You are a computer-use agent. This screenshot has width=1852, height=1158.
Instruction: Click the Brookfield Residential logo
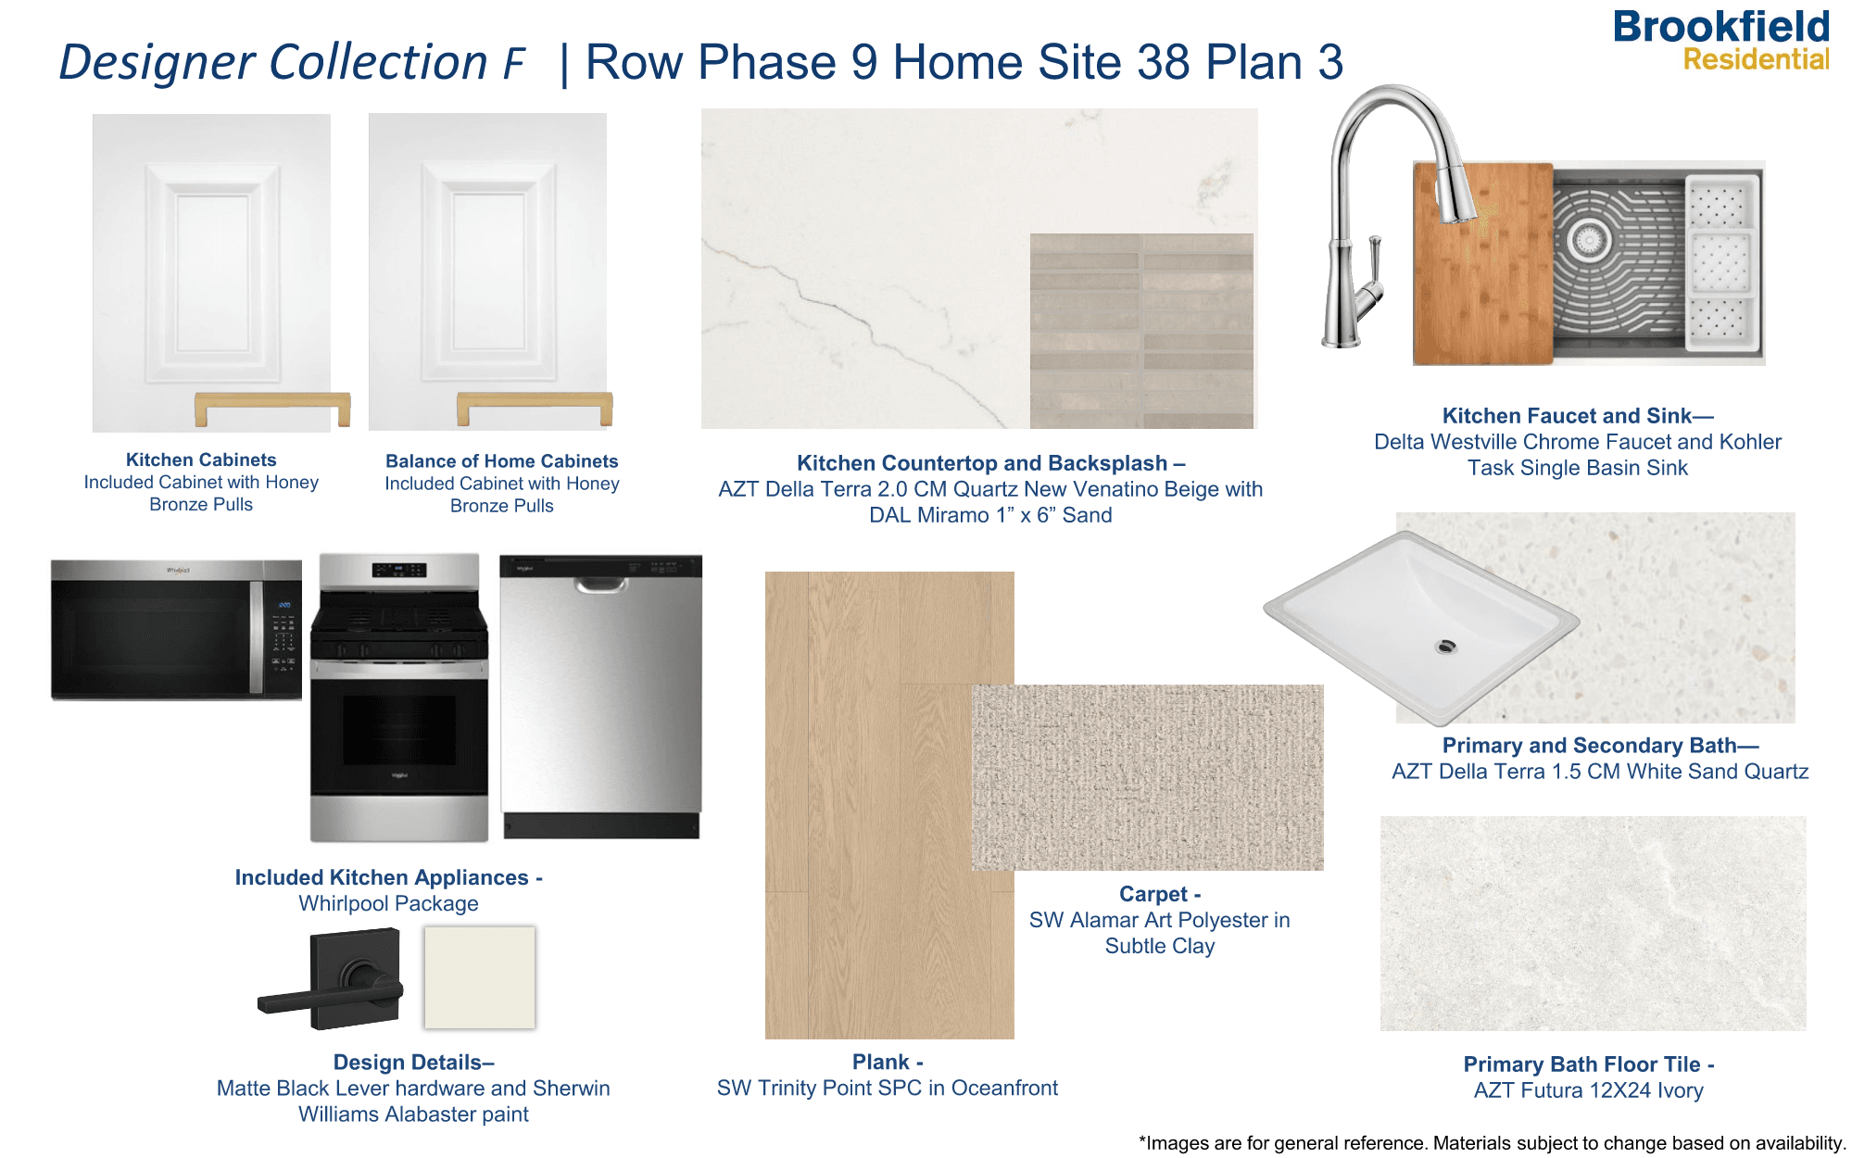1720,41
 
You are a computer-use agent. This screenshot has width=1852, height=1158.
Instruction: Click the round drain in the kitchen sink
1588,240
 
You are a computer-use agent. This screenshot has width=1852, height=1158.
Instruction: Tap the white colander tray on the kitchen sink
1721,262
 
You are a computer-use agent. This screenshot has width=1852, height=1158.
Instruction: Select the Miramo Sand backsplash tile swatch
1141,331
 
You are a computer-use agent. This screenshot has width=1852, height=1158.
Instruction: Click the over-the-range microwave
176,629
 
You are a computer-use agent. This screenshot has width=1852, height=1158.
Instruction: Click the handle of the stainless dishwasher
600,585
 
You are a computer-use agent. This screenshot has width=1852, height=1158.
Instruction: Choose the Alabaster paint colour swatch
480,977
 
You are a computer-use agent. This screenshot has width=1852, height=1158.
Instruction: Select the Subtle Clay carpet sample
1147,777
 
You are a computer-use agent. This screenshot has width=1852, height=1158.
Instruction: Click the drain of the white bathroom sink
1445,646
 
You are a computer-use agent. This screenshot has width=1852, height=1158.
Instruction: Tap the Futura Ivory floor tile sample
1593,923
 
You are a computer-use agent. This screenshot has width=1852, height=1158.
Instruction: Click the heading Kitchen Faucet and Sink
1577,416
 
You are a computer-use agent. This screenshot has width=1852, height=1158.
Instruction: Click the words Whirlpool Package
388,903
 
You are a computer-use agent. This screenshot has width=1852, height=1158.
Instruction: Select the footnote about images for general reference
1492,1143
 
